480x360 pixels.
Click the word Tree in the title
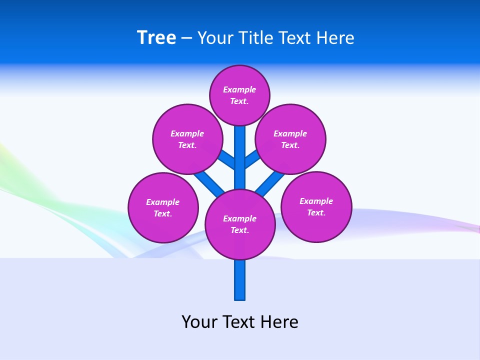click(156, 38)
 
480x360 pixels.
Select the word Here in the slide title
click(334, 38)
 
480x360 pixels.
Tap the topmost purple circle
click(239, 95)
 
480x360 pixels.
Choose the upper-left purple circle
click(187, 139)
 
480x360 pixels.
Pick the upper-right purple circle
click(290, 139)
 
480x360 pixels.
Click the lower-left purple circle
click(163, 207)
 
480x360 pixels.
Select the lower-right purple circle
click(316, 206)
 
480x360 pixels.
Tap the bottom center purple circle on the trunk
click(240, 224)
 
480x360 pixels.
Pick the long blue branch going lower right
click(270, 183)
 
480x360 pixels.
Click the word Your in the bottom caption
click(199, 321)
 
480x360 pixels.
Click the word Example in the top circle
click(239, 89)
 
